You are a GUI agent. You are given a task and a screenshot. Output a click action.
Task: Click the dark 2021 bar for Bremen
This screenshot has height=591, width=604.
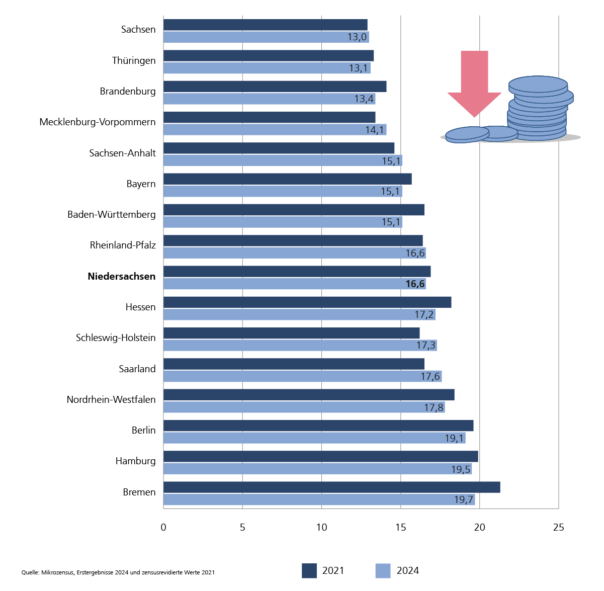[331, 487]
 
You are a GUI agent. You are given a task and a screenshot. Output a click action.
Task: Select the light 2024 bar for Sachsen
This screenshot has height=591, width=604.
[266, 37]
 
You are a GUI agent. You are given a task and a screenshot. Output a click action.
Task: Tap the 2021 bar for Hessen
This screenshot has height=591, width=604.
[307, 302]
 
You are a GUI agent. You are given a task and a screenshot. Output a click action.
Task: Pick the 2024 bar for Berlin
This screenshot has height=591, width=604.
[314, 438]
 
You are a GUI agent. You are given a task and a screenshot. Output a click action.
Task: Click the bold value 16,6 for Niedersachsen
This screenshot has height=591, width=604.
[415, 284]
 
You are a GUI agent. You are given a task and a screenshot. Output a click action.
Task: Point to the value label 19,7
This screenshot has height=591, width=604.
[464, 499]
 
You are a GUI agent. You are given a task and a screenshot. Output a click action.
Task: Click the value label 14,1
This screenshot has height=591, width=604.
[375, 130]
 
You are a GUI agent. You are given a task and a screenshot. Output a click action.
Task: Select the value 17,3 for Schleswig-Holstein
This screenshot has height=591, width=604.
[426, 346]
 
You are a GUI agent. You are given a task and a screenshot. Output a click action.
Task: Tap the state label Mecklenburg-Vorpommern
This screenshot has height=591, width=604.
[98, 122]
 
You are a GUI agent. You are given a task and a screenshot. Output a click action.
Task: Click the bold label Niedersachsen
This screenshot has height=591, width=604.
[122, 276]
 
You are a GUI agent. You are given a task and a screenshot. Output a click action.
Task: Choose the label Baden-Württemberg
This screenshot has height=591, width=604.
[112, 215]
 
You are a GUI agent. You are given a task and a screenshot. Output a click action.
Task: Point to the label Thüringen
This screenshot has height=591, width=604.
[134, 61]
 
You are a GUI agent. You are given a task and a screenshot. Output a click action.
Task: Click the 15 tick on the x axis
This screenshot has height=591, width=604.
[401, 527]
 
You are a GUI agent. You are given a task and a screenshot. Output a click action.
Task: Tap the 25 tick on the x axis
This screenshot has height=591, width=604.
[559, 527]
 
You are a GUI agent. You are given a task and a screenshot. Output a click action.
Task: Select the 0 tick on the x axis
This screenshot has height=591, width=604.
[163, 527]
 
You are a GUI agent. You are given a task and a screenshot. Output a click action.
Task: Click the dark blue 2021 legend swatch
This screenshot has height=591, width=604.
[309, 571]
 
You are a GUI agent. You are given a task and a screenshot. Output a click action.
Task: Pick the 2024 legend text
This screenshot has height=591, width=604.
[408, 571]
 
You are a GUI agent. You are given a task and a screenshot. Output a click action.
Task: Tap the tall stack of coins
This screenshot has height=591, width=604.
[538, 108]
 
